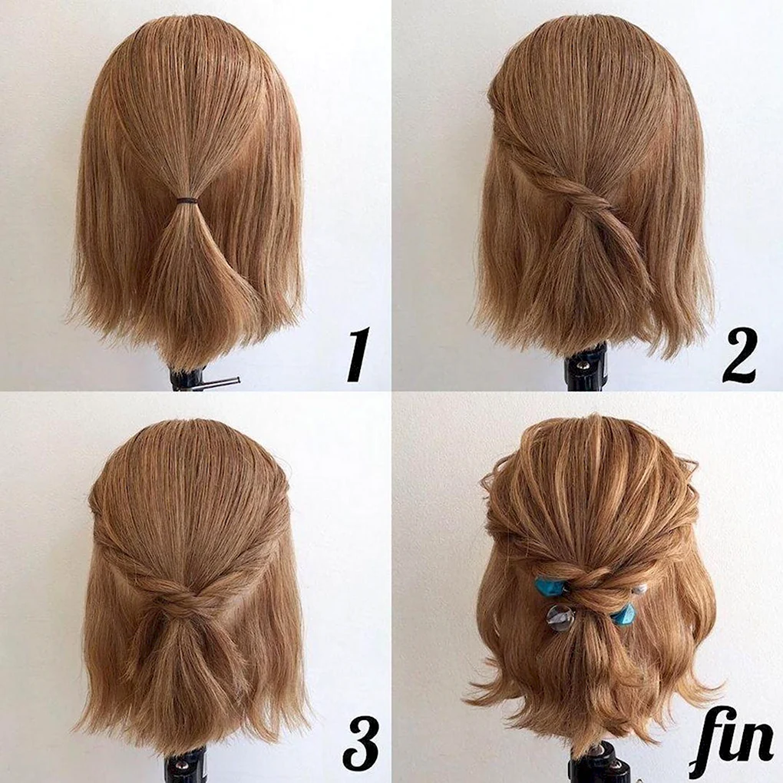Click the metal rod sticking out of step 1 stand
(219, 382)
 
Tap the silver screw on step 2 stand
(583, 365)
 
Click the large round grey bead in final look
(560, 618)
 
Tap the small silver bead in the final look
(639, 591)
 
